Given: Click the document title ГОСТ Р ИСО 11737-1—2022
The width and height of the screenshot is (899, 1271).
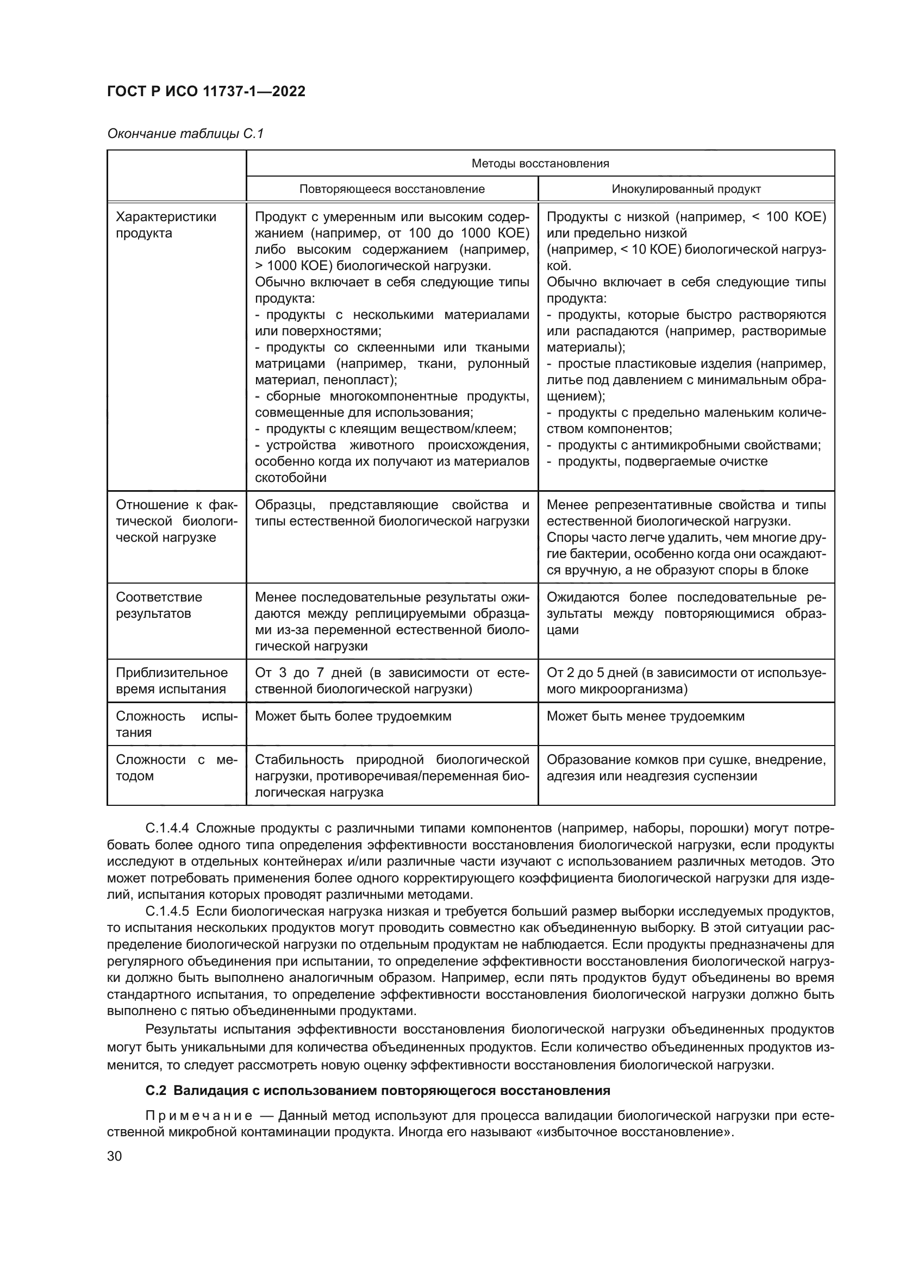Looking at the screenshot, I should point(206,91).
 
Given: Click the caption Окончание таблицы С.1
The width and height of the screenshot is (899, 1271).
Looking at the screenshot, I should point(185,134).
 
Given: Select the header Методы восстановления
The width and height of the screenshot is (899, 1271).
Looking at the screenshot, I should point(540,164).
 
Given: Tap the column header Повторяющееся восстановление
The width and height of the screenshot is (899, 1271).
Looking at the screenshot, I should point(392,189).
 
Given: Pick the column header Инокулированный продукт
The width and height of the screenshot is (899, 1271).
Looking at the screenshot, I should point(686,189).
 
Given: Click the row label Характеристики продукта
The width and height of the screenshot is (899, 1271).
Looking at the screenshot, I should point(166,225).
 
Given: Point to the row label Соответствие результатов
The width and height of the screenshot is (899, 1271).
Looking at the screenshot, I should point(159,605).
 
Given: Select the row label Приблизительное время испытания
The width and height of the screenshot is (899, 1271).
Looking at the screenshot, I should point(172,680).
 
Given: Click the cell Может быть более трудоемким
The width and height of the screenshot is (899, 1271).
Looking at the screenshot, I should point(353,716).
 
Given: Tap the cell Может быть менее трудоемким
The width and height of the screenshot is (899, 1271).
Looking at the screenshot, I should point(646,716).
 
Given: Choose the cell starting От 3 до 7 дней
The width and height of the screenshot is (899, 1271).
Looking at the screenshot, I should point(392,680).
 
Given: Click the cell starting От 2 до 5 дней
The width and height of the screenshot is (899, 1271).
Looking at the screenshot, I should point(686,680).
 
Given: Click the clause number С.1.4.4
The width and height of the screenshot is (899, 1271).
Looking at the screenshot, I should point(167,828).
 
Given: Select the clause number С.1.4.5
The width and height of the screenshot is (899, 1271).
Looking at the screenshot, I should point(167,911).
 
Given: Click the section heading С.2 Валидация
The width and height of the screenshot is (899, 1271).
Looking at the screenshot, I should point(378,1091).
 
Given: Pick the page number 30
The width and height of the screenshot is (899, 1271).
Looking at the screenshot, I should point(115,1156).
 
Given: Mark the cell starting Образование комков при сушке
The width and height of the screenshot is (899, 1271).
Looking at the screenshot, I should point(686,767).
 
